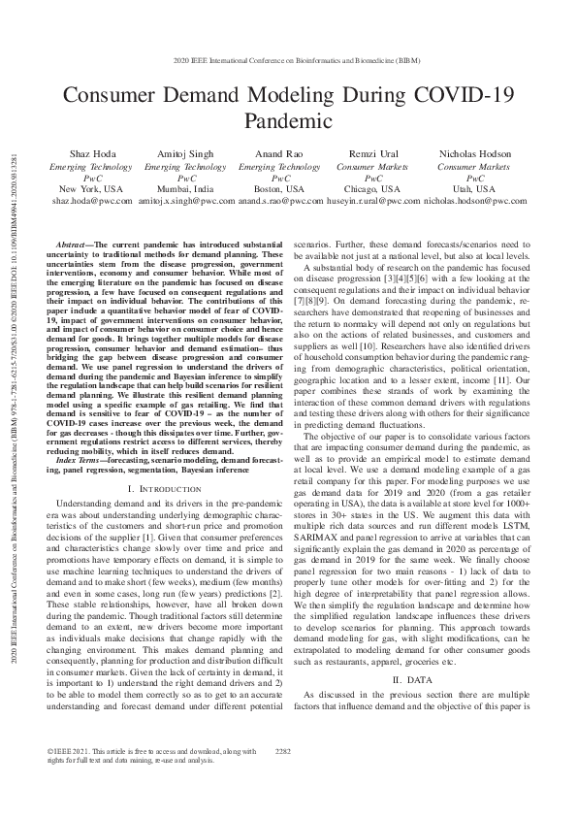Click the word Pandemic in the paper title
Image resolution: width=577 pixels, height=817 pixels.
288,122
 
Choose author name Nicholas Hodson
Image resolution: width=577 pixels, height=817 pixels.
475,155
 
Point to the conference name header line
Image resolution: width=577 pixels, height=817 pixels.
288,72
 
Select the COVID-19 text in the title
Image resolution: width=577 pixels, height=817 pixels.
460,96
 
